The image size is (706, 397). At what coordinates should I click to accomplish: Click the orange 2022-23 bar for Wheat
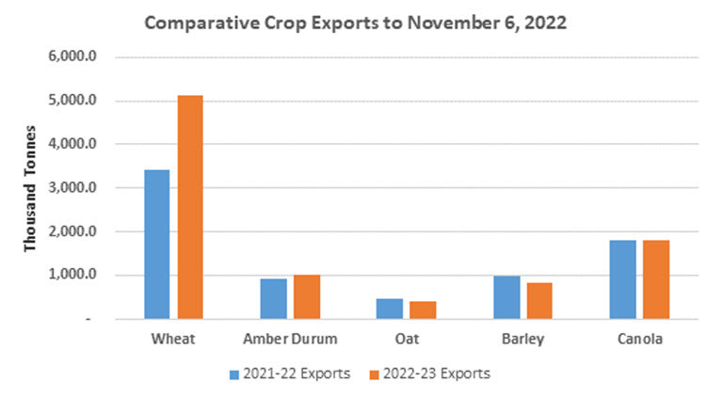click(x=188, y=207)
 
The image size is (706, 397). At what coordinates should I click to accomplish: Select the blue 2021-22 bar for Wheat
click(x=156, y=245)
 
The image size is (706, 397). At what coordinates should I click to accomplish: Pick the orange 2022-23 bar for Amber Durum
click(x=306, y=297)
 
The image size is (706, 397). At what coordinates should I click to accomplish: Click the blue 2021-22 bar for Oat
click(x=390, y=310)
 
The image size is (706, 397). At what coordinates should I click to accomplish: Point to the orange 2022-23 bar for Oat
click(x=422, y=310)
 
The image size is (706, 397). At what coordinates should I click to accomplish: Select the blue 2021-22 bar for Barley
click(x=506, y=297)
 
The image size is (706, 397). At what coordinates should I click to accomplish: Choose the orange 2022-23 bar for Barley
click(x=538, y=301)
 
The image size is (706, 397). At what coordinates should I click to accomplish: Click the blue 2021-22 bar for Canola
click(x=622, y=280)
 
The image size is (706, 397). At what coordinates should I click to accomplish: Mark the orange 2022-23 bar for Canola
click(x=655, y=280)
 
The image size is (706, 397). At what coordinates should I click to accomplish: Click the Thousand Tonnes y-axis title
click(x=30, y=188)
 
